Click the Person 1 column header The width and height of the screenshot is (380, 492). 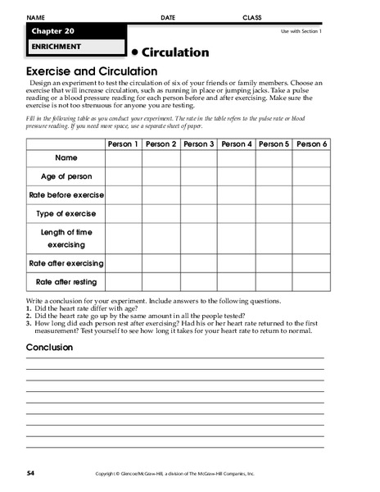pyautogui.click(x=123, y=144)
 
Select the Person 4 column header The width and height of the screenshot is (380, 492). pyautogui.click(x=237, y=144)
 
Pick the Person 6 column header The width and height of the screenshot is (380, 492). pyautogui.click(x=312, y=144)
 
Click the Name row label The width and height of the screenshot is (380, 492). pyautogui.click(x=66, y=157)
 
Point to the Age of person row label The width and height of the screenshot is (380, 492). pyautogui.click(x=66, y=175)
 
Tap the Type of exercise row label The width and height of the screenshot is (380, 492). pyautogui.click(x=66, y=213)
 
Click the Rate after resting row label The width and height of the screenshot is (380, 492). pyautogui.click(x=66, y=281)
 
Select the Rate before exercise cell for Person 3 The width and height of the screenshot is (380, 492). pyautogui.click(x=198, y=194)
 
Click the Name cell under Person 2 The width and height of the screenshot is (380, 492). pyautogui.click(x=161, y=157)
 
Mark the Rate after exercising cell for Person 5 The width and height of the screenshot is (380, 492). pyautogui.click(x=274, y=263)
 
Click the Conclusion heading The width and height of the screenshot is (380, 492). pyautogui.click(x=49, y=347)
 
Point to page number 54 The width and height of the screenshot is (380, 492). pyautogui.click(x=31, y=473)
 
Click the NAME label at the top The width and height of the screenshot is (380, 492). pyautogui.click(x=36, y=17)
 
